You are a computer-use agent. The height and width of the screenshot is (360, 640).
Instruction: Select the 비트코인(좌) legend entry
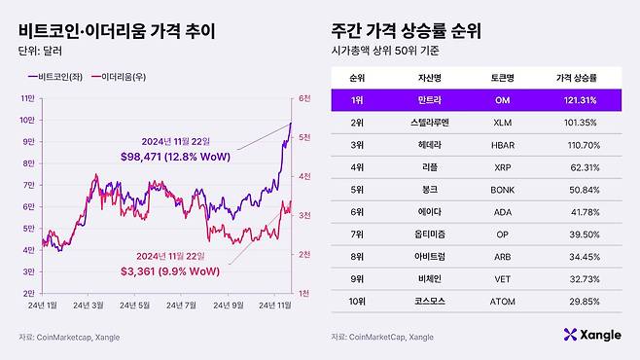pos(61,75)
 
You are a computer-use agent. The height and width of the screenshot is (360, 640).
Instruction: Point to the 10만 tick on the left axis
pos(26,121)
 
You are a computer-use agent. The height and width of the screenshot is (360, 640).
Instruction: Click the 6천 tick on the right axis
pos(304,98)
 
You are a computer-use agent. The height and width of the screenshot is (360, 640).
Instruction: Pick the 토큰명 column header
pos(503,76)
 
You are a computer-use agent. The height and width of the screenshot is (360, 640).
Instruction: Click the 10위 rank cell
pos(357,301)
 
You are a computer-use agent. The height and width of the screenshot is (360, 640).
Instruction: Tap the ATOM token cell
pos(503,301)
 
